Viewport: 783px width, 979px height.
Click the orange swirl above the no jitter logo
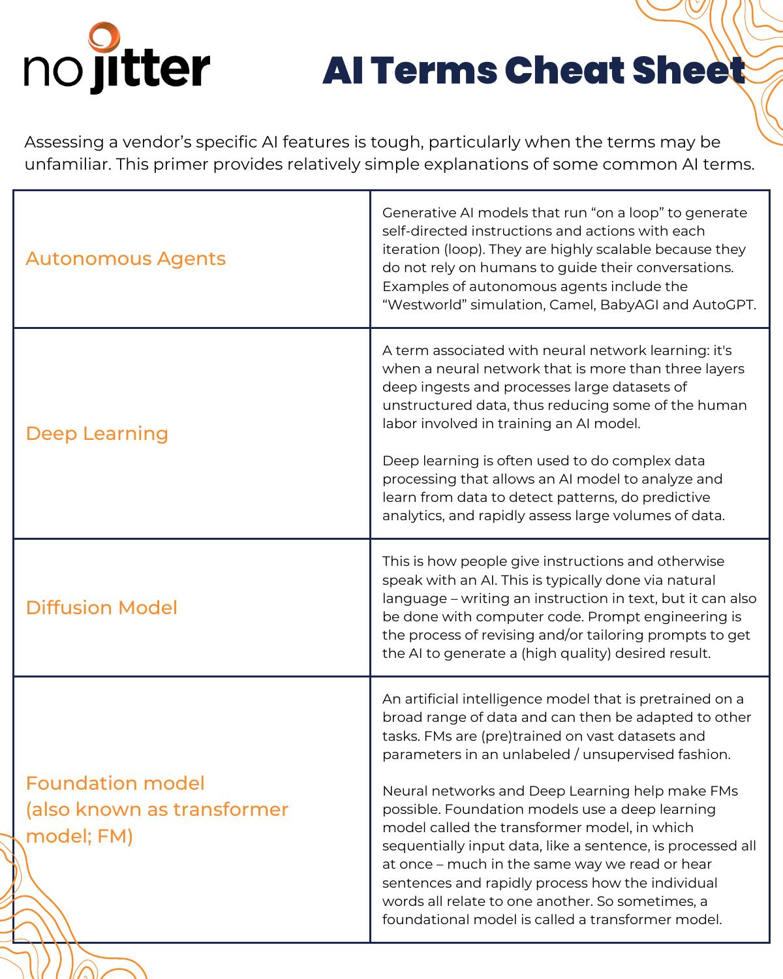(104, 38)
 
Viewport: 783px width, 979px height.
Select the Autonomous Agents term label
(125, 258)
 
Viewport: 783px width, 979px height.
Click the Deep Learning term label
(97, 433)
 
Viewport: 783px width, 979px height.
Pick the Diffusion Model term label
(101, 608)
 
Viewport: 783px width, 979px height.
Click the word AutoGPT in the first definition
(724, 304)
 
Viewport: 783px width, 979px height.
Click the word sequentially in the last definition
(422, 846)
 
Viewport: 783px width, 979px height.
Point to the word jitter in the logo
(150, 70)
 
